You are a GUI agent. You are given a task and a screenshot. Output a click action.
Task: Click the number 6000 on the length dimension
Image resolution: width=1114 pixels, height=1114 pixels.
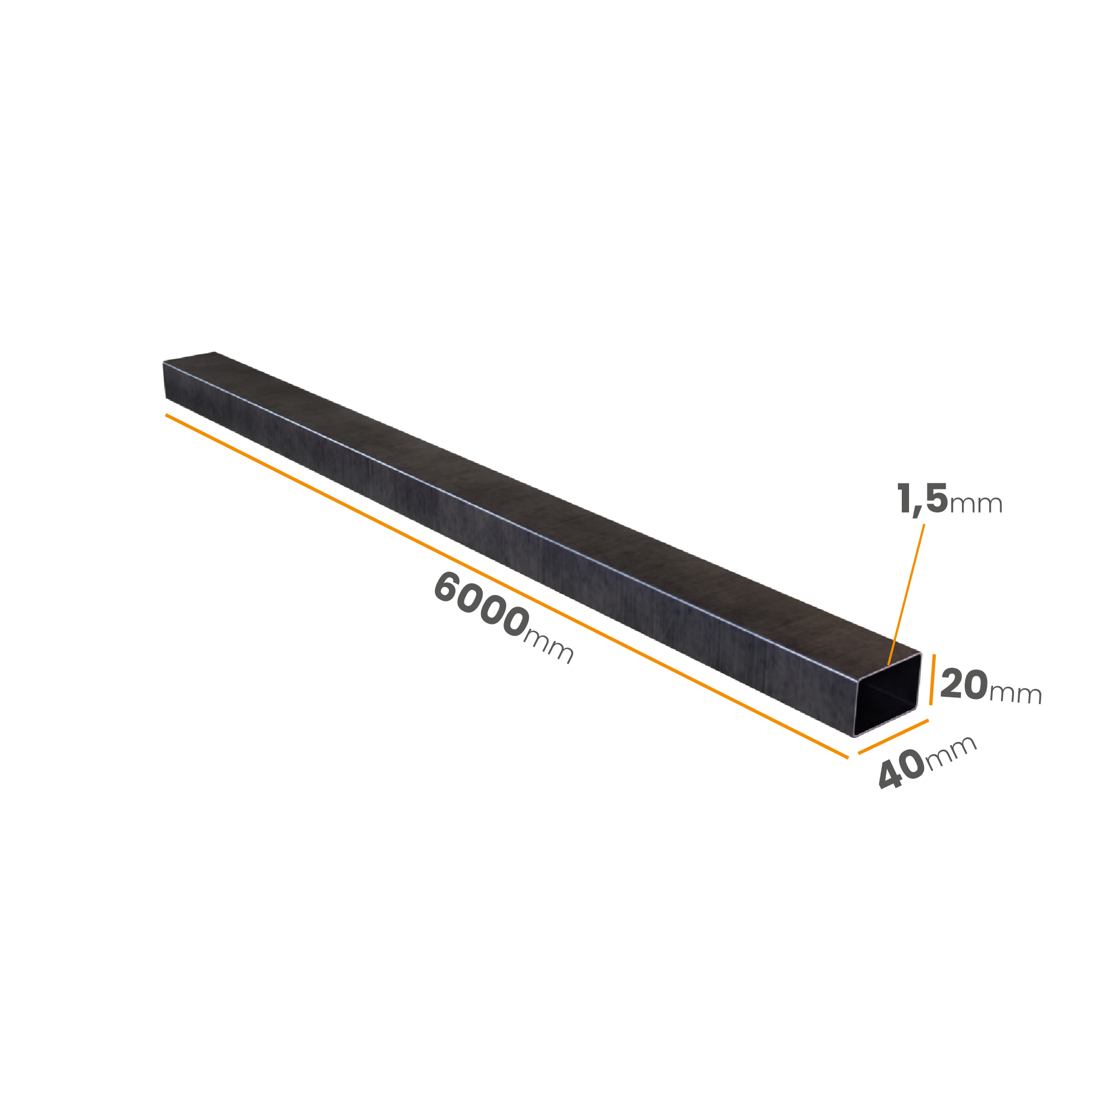click(x=481, y=604)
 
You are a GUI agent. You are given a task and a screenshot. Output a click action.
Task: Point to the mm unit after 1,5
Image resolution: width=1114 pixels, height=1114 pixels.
click(x=976, y=505)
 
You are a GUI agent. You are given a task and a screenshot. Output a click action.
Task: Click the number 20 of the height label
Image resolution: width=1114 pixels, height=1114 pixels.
click(x=964, y=685)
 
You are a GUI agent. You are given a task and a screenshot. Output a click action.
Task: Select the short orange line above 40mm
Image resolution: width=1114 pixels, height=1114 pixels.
click(x=893, y=736)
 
